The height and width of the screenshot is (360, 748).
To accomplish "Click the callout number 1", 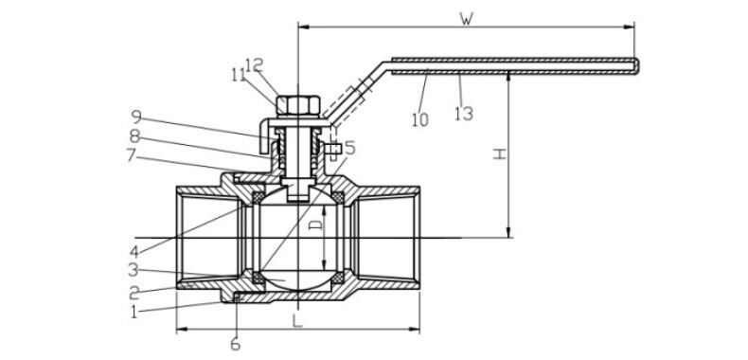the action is (x=134, y=313).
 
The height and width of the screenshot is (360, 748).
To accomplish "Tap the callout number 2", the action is (x=134, y=292).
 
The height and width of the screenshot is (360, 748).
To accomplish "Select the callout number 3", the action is (x=134, y=270).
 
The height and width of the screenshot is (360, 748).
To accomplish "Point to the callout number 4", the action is (x=135, y=251).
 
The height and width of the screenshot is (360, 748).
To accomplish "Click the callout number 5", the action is (x=349, y=148).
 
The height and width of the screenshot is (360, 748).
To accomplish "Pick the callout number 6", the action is (x=236, y=344).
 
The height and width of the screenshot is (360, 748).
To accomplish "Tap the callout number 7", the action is (x=132, y=155).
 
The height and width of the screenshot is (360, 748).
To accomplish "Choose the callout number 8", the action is (x=135, y=136).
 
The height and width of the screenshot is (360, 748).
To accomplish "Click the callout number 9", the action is (x=136, y=117).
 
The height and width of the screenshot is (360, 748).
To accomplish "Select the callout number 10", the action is (x=420, y=119).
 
